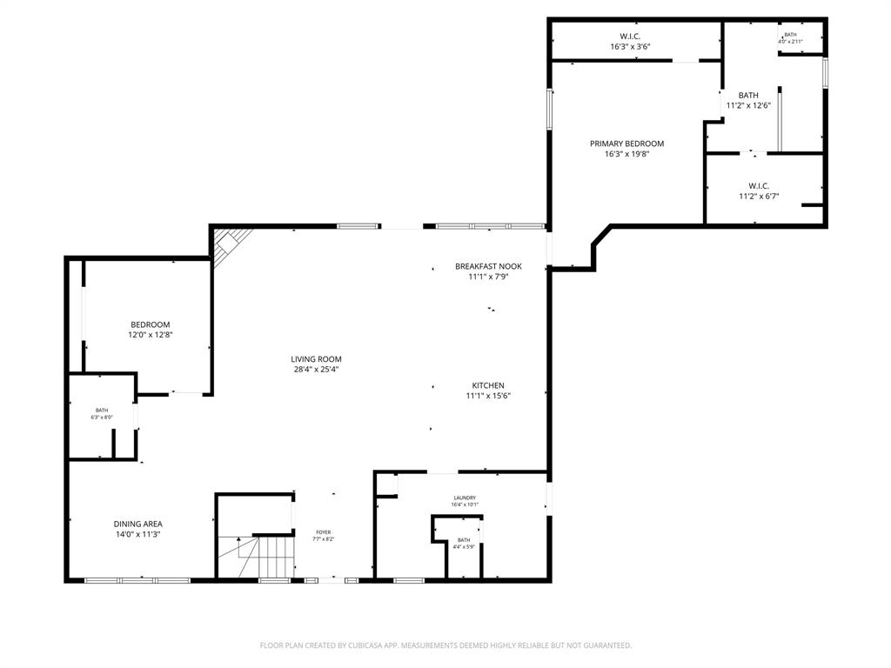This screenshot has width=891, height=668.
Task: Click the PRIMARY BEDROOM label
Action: click(626, 144)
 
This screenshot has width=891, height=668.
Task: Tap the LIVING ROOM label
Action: click(316, 358)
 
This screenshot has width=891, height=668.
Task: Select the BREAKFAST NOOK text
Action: click(488, 266)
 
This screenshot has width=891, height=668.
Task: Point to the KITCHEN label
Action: click(488, 385)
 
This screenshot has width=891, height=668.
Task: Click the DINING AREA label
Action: click(137, 524)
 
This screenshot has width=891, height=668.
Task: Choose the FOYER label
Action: click(323, 532)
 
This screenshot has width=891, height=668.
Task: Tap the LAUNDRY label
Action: click(464, 498)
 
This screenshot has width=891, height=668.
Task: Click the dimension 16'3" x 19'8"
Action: click(626, 155)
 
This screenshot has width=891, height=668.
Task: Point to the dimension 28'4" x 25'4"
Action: click(316, 370)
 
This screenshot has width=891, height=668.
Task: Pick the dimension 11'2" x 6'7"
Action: click(759, 197)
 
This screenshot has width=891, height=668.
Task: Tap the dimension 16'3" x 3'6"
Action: click(630, 47)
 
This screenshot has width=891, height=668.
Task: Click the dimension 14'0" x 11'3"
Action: click(137, 535)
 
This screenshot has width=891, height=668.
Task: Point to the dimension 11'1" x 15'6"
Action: click(488, 397)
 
